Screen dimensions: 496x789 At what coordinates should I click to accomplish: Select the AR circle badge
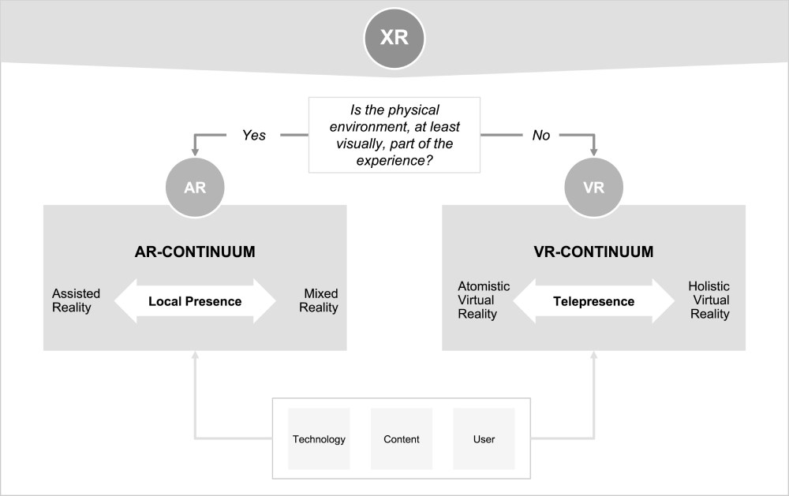pyautogui.click(x=195, y=189)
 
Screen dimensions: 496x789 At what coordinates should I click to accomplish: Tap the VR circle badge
pyautogui.click(x=593, y=189)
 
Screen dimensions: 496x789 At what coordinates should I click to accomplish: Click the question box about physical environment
pyautogui.click(x=394, y=134)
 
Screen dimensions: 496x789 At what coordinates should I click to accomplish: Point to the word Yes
pyautogui.click(x=253, y=135)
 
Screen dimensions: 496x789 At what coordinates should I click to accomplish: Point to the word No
pyautogui.click(x=541, y=135)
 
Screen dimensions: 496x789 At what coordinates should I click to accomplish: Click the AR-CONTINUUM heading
pyautogui.click(x=194, y=252)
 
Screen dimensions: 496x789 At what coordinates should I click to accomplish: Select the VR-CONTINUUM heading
pyautogui.click(x=593, y=252)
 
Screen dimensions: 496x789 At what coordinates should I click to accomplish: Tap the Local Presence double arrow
pyautogui.click(x=195, y=300)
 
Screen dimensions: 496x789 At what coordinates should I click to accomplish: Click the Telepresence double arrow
pyautogui.click(x=593, y=300)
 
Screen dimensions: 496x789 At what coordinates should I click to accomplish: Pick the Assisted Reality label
pyautogui.click(x=76, y=300)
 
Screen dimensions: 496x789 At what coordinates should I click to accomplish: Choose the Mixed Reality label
pyautogui.click(x=321, y=300)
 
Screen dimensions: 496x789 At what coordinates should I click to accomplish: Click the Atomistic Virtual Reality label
pyautogui.click(x=484, y=300)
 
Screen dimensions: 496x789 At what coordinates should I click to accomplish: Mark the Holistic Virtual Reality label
pyautogui.click(x=709, y=300)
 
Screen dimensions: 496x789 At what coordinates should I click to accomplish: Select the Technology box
pyautogui.click(x=319, y=439)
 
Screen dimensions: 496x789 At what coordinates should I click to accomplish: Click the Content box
pyautogui.click(x=401, y=439)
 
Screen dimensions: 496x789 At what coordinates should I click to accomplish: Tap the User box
pyautogui.click(x=484, y=439)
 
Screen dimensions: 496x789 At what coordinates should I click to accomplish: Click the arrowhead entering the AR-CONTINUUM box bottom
pyautogui.click(x=195, y=355)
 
